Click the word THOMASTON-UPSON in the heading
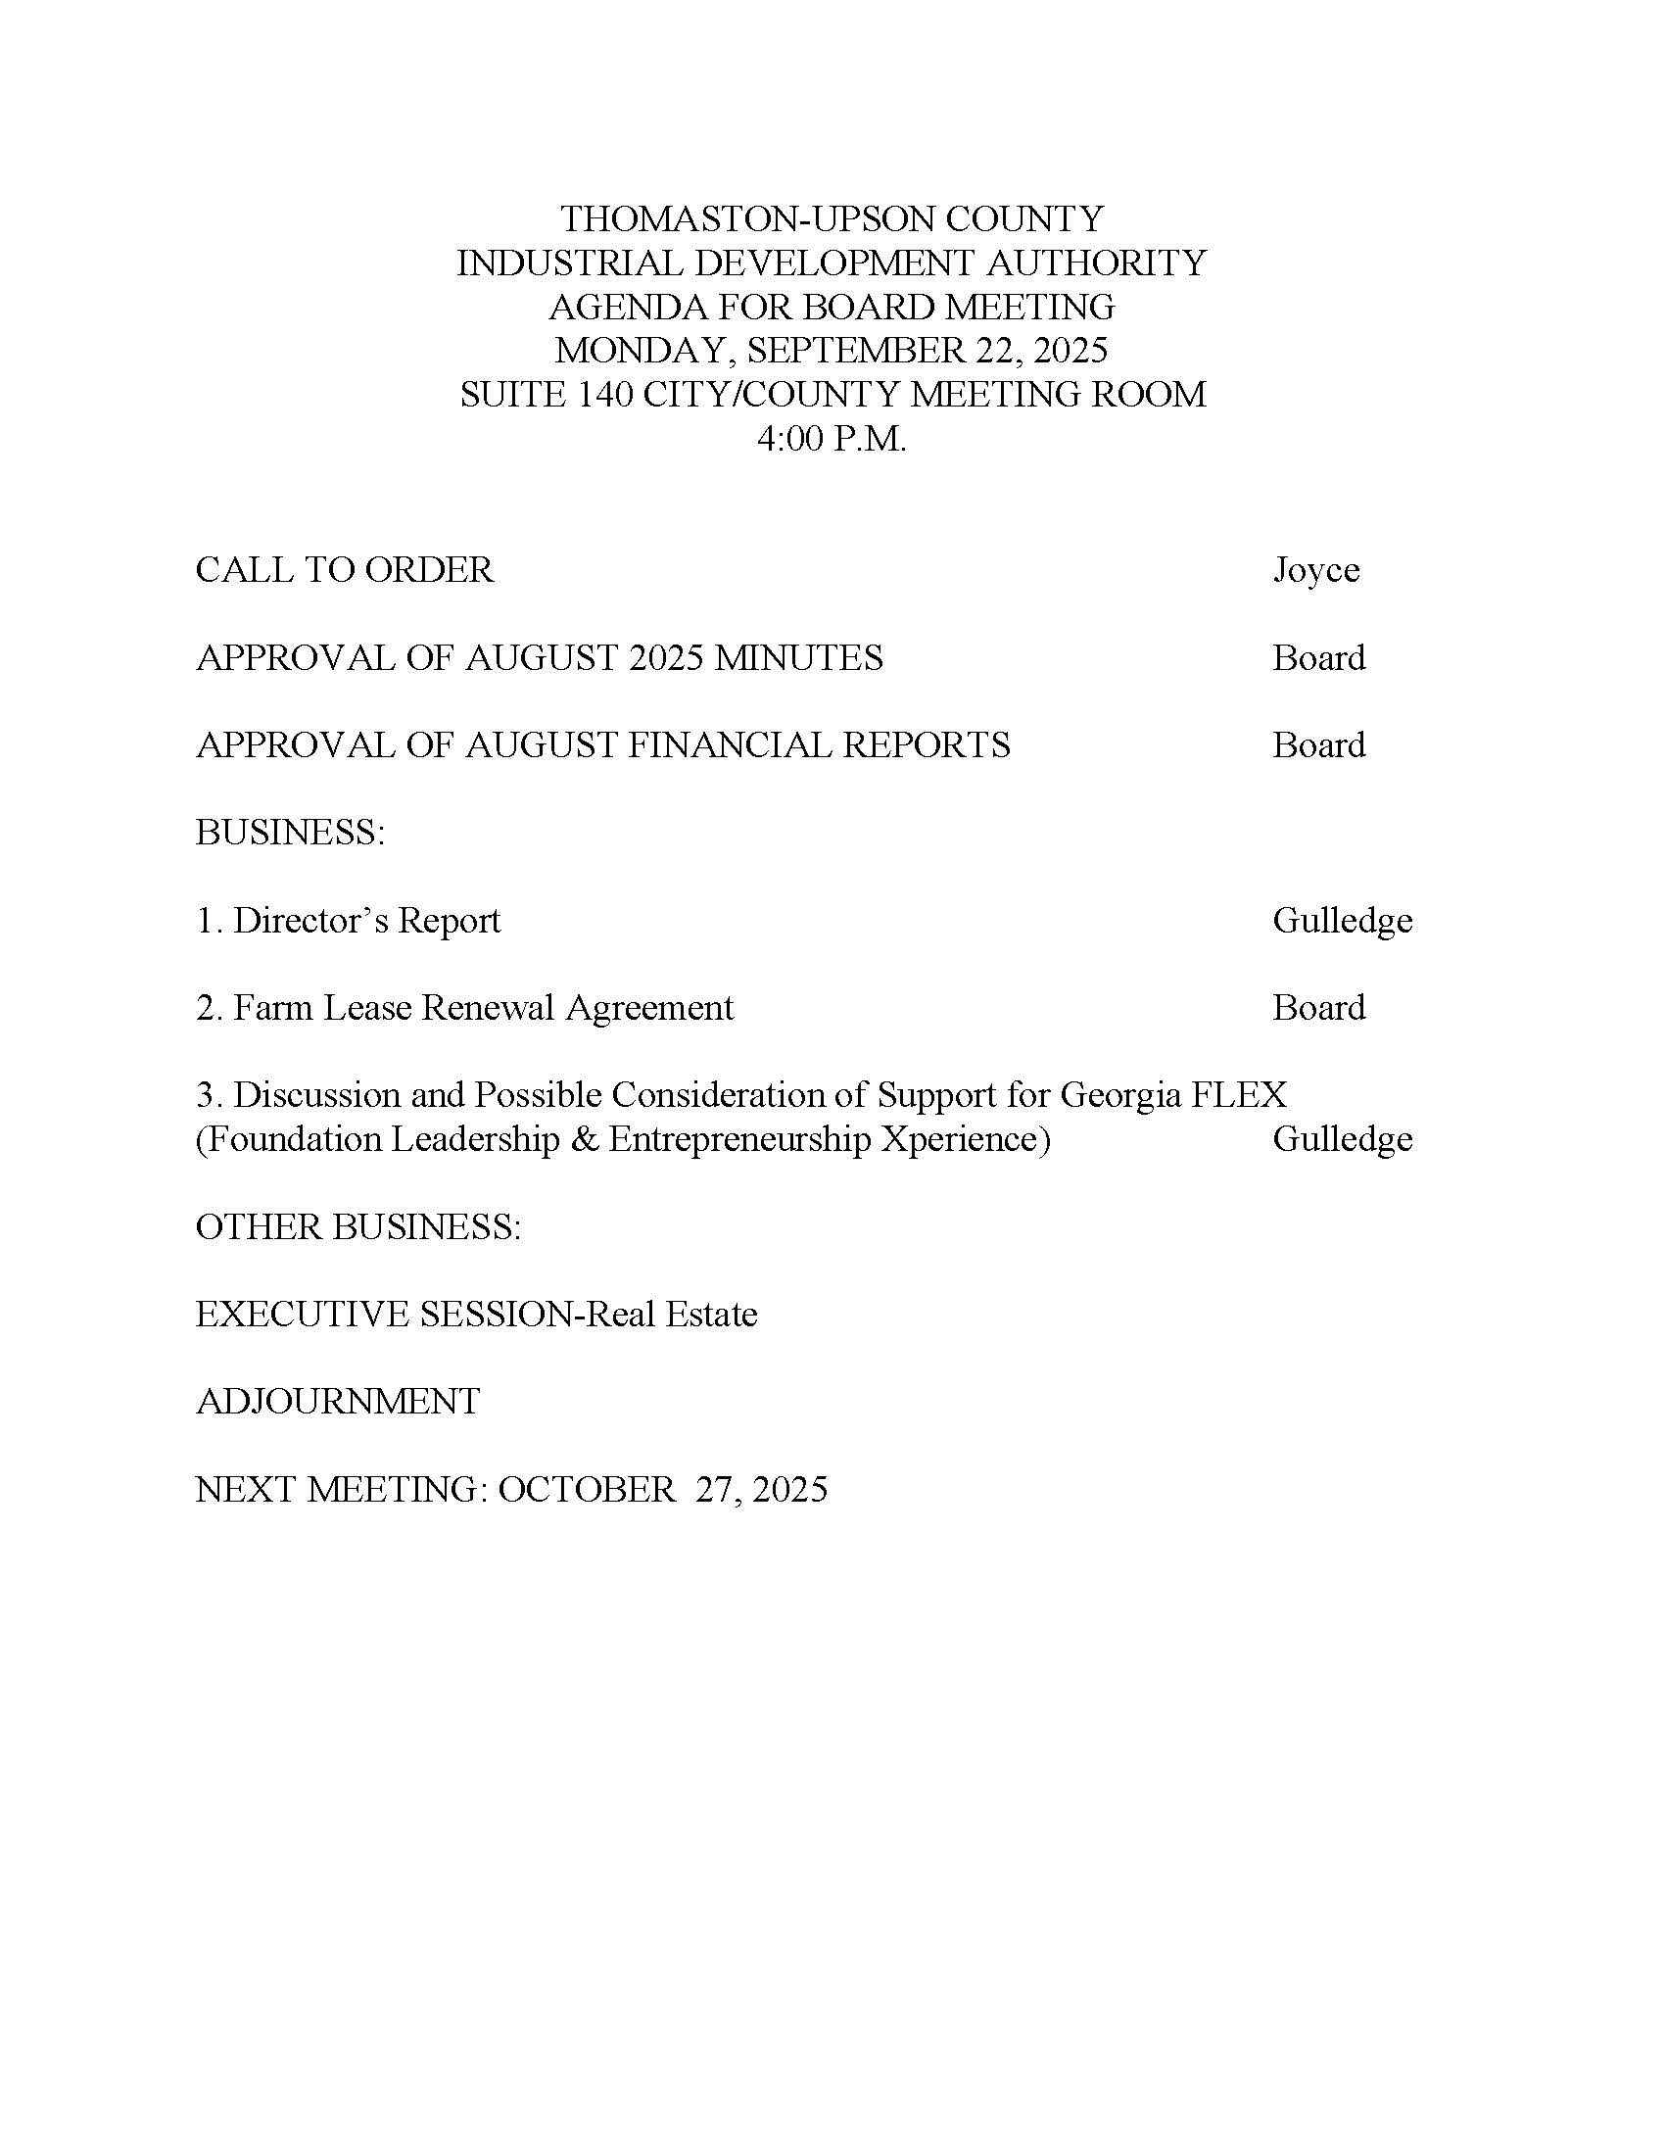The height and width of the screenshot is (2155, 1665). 684,218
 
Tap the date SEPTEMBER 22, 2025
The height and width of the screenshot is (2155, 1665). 928,351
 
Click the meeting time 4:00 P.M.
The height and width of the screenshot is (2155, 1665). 831,439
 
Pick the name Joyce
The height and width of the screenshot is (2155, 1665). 1314,570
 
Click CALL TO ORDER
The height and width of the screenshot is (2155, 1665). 344,570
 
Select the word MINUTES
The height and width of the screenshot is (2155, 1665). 798,658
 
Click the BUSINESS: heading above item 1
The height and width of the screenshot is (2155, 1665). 290,833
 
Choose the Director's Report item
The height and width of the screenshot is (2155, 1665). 349,921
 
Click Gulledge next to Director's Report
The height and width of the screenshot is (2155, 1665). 1342,921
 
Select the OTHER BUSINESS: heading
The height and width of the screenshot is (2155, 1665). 358,1226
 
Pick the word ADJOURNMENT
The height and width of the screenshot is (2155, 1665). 337,1401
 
